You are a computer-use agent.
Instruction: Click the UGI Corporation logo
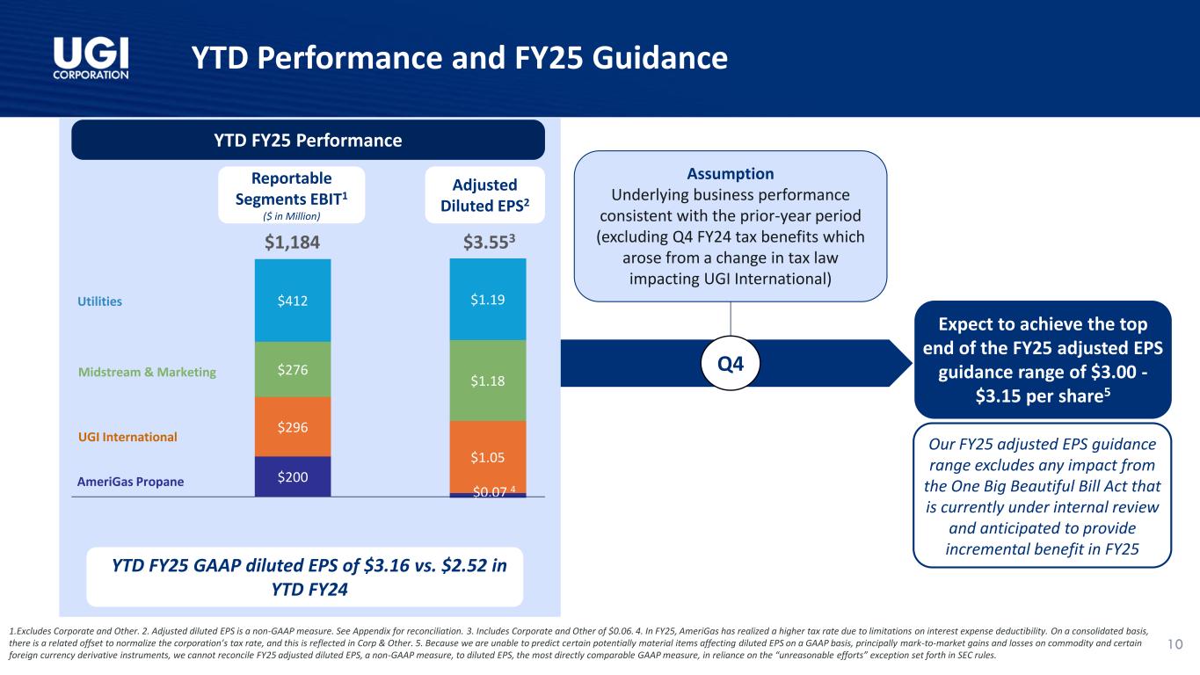(91, 58)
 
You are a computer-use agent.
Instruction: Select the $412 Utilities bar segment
(293, 301)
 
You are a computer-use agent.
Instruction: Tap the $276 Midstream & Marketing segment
(293, 369)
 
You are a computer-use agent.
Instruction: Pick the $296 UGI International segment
(293, 426)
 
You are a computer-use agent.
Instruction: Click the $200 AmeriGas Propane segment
(293, 475)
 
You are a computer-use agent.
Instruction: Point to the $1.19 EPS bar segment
(488, 300)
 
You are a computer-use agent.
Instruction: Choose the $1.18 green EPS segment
(488, 381)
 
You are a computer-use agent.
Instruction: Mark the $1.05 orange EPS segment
(488, 456)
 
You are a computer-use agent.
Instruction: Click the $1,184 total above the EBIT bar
(292, 242)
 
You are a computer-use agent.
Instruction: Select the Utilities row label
(99, 301)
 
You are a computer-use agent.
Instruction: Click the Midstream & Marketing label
(147, 373)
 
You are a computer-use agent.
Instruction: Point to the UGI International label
(127, 437)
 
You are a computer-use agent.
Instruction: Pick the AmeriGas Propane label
(130, 482)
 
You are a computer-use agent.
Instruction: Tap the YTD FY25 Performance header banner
(308, 140)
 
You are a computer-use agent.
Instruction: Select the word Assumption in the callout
(731, 173)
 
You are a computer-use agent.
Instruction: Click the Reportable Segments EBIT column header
(292, 193)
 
